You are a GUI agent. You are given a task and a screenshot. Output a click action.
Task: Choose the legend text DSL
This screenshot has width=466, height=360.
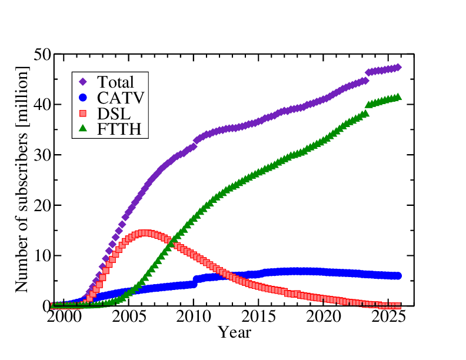click(x=114, y=114)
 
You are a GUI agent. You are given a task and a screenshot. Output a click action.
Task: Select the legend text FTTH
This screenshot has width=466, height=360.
click(x=121, y=129)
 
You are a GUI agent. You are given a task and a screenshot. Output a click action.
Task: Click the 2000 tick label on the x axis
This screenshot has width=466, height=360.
click(x=63, y=318)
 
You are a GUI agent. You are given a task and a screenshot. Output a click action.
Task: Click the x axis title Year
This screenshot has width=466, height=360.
click(x=235, y=333)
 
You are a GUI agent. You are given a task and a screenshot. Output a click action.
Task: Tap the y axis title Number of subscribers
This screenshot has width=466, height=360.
click(x=22, y=180)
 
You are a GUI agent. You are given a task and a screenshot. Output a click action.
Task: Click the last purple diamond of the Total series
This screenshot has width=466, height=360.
click(x=398, y=68)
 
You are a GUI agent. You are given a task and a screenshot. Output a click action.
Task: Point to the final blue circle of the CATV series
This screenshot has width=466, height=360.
click(x=398, y=276)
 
